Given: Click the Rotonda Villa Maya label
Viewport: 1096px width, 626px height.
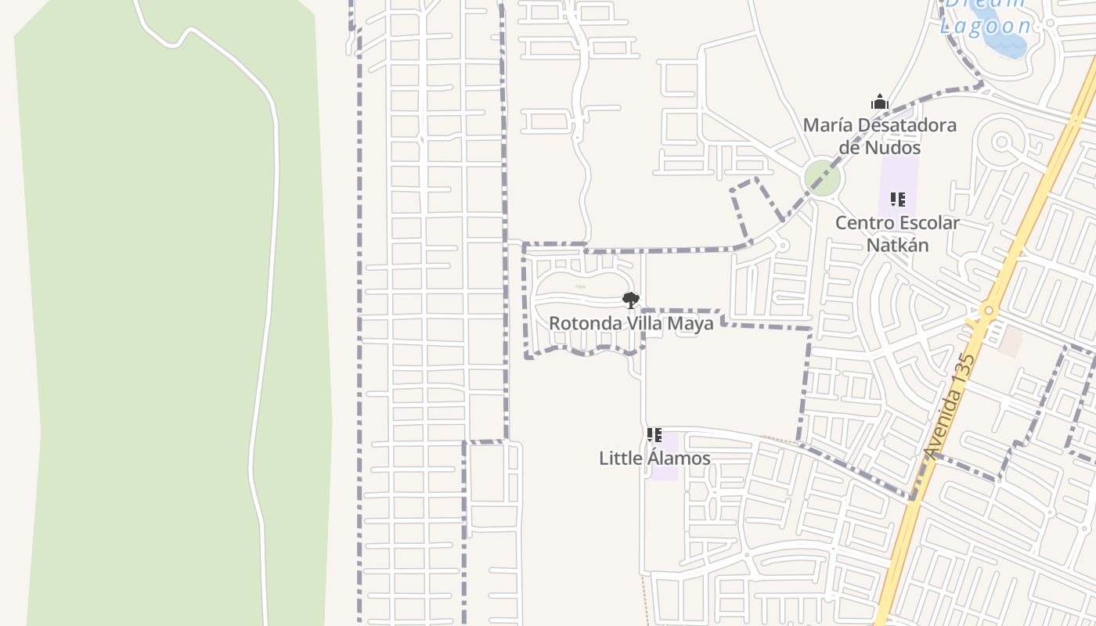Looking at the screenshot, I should [x=631, y=323].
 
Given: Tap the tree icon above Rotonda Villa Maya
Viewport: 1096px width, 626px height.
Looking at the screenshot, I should [x=630, y=300].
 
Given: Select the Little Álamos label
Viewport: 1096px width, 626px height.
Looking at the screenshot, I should [x=654, y=459].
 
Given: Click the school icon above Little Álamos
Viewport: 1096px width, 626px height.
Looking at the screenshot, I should [x=654, y=435].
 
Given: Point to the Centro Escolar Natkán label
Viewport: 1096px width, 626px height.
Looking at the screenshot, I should [x=897, y=234].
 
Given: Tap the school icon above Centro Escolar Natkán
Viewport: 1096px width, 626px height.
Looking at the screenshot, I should [x=897, y=200].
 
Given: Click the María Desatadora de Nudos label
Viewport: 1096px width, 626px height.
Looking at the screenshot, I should [x=880, y=136].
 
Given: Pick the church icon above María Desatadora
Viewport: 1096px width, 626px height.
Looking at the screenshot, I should [x=880, y=102].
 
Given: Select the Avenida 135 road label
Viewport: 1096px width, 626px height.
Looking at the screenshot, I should [x=950, y=407].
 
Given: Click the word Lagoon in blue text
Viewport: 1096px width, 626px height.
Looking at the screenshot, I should [x=986, y=26].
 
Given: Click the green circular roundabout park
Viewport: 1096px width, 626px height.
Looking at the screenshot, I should [x=822, y=178].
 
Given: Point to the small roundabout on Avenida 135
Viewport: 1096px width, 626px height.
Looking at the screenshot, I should [x=989, y=311].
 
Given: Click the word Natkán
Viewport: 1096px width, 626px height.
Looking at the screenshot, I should [x=897, y=245].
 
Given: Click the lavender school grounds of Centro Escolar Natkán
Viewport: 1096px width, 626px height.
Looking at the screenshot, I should [x=897, y=176].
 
